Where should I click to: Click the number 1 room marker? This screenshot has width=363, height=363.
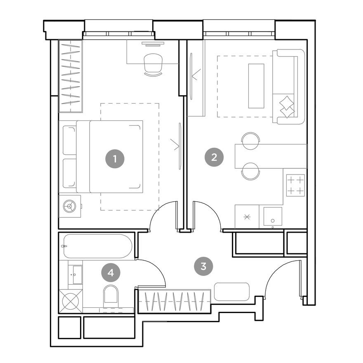115,158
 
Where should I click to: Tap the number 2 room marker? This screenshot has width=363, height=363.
214,157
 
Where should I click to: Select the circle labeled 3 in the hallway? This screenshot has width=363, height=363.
203,266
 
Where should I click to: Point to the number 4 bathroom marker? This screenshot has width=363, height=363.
110,272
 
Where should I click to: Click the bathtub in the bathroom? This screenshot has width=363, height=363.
97,246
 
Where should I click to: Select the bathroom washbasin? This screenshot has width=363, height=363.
77,274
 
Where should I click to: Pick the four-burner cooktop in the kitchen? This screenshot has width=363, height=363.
295,185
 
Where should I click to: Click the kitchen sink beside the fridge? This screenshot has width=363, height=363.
273,217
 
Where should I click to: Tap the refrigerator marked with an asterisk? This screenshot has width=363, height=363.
247,217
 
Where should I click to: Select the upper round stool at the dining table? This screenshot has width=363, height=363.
250,140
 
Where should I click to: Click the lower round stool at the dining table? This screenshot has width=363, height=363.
250,172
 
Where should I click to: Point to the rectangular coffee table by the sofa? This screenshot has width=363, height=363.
256,86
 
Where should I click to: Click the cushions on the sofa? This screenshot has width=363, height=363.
287,107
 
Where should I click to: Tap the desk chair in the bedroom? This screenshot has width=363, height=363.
153,64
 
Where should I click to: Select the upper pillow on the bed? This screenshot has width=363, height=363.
69,140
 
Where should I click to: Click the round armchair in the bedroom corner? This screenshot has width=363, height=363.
69,206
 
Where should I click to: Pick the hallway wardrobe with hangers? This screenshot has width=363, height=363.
174,302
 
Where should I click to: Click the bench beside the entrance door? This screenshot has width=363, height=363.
232,292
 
